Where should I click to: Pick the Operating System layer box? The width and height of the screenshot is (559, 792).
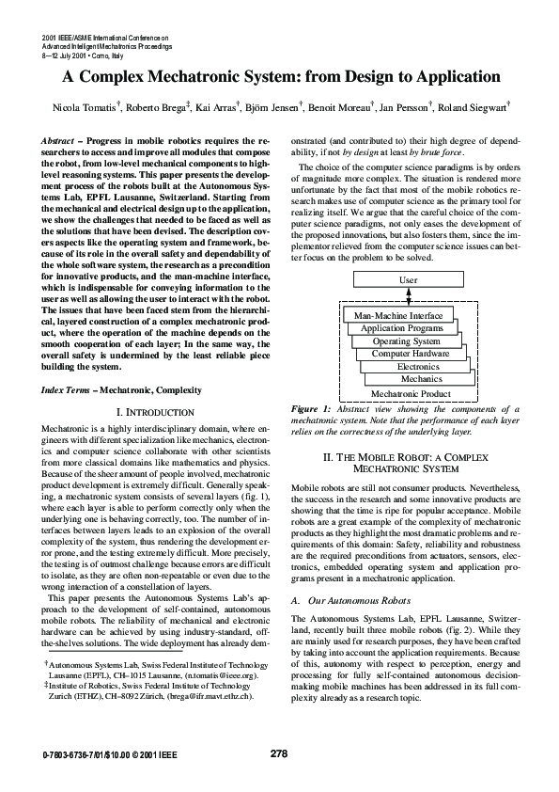point(406,341)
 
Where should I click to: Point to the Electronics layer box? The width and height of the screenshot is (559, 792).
point(418,367)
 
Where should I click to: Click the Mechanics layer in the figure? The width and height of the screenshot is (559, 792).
point(422,379)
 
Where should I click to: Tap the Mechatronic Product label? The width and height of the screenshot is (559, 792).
point(411,394)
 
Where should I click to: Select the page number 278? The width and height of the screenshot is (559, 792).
point(278,753)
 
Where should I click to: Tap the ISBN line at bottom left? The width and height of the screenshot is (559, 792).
point(102,754)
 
